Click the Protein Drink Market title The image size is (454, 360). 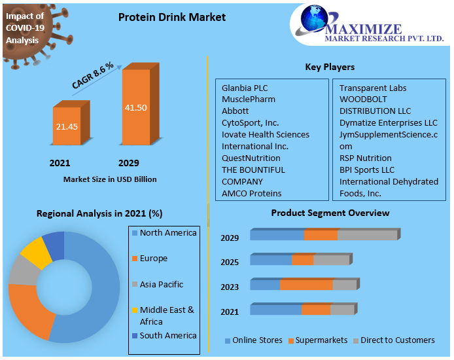[171, 18]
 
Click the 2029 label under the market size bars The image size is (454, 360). [128, 163]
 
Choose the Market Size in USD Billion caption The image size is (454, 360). [110, 179]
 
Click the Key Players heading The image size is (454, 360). [330, 67]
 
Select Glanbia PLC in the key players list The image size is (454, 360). [244, 88]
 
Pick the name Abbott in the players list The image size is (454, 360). [235, 111]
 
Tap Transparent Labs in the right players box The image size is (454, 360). [372, 88]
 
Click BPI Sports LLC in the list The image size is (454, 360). [366, 170]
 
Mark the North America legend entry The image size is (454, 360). [167, 233]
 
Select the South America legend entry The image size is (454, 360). [167, 336]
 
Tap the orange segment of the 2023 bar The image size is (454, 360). [306, 285]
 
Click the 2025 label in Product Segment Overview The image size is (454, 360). [230, 262]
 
